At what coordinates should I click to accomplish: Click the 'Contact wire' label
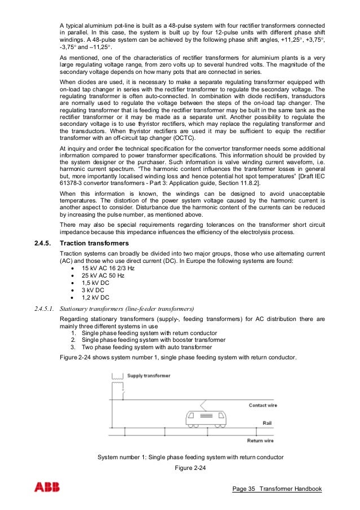coord(263,405)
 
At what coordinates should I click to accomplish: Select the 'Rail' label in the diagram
coord(269,422)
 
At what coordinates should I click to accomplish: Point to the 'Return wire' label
coord(261,441)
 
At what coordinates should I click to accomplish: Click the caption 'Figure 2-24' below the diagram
coord(191,466)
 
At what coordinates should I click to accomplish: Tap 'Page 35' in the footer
coord(244,489)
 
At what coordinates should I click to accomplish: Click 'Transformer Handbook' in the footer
coord(291,489)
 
